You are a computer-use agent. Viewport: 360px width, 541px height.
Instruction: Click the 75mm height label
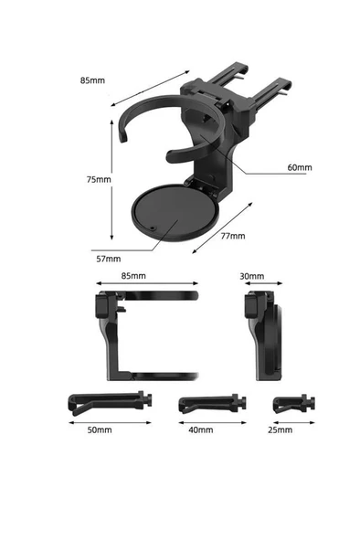tap(99, 179)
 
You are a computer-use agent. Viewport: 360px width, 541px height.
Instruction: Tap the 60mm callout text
tap(300, 167)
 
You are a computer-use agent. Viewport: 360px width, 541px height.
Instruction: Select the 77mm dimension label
tap(233, 236)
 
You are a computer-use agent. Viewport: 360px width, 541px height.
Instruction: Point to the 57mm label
tap(109, 259)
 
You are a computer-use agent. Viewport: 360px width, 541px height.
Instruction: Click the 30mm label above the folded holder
tap(251, 276)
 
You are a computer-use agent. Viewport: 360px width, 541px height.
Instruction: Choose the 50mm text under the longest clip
tap(100, 430)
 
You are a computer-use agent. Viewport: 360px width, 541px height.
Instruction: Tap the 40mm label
tap(200, 430)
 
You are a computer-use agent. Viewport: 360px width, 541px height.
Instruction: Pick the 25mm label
tap(280, 430)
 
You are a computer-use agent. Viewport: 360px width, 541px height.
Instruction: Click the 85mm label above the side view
tap(133, 276)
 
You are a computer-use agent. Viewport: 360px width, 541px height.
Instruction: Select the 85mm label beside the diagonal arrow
tap(92, 80)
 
